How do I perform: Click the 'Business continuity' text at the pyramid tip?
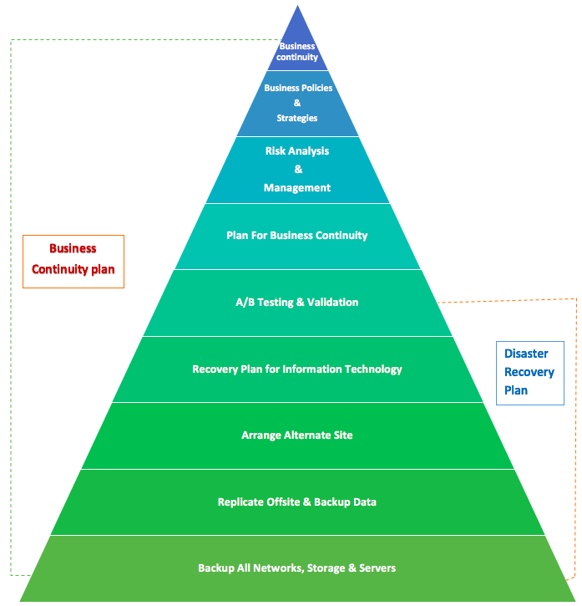[297, 52]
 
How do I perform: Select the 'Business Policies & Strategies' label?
[297, 103]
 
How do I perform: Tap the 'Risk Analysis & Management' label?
[297, 170]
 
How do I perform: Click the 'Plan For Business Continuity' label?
[296, 236]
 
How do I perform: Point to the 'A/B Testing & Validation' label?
[296, 303]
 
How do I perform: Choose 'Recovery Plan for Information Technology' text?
[296, 369]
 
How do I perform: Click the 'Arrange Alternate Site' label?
[296, 435]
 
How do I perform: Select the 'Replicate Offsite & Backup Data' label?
[296, 502]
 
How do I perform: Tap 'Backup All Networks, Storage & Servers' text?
[296, 568]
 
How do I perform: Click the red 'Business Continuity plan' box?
[73, 261]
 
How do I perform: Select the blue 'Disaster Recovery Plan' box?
[529, 373]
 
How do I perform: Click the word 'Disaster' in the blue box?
[526, 354]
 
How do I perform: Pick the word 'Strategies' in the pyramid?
[297, 119]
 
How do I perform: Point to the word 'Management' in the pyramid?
[297, 188]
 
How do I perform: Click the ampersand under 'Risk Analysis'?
[298, 170]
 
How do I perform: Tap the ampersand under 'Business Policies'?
[297, 103]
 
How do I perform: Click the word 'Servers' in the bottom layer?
[377, 568]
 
